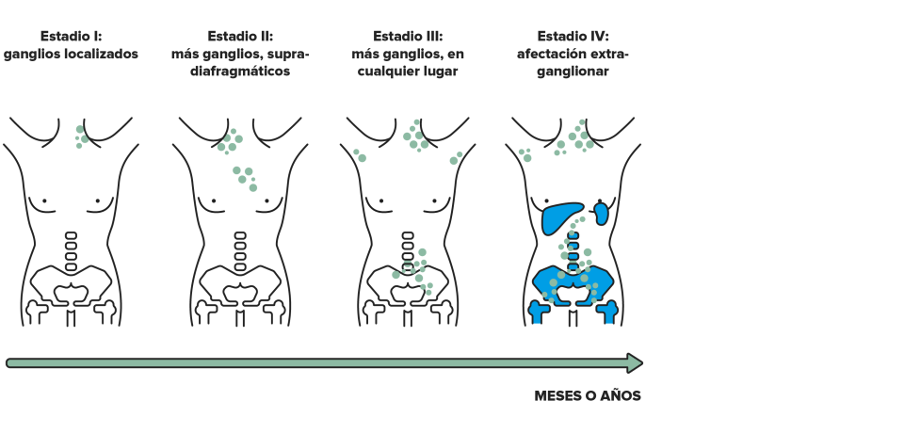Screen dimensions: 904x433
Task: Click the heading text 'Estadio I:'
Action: [x=71, y=37]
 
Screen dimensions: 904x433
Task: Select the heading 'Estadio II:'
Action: [x=240, y=37]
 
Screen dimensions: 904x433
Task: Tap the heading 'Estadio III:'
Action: [x=408, y=37]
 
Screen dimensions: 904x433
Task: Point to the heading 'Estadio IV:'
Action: [x=573, y=37]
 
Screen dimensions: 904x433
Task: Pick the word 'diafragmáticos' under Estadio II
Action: [x=240, y=72]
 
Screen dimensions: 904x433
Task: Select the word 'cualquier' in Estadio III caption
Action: [x=386, y=72]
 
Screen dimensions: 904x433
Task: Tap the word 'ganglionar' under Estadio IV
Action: [x=573, y=72]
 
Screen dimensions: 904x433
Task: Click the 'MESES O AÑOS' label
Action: [x=588, y=396]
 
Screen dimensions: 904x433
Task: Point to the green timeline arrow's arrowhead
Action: [x=634, y=363]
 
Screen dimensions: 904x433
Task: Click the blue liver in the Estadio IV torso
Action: [x=561, y=217]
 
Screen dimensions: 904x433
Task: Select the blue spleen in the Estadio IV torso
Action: [x=601, y=213]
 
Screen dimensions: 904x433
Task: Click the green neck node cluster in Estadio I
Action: [x=81, y=137]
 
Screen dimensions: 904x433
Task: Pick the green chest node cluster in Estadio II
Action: [x=245, y=179]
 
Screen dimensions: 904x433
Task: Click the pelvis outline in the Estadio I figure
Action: [x=71, y=286]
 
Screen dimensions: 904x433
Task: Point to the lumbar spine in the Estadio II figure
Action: [x=240, y=251]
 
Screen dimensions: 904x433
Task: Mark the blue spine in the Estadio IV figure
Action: [x=573, y=251]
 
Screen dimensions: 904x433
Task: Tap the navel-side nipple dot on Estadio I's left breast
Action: [x=44, y=201]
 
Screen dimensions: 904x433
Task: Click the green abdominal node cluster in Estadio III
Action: [x=413, y=271]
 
